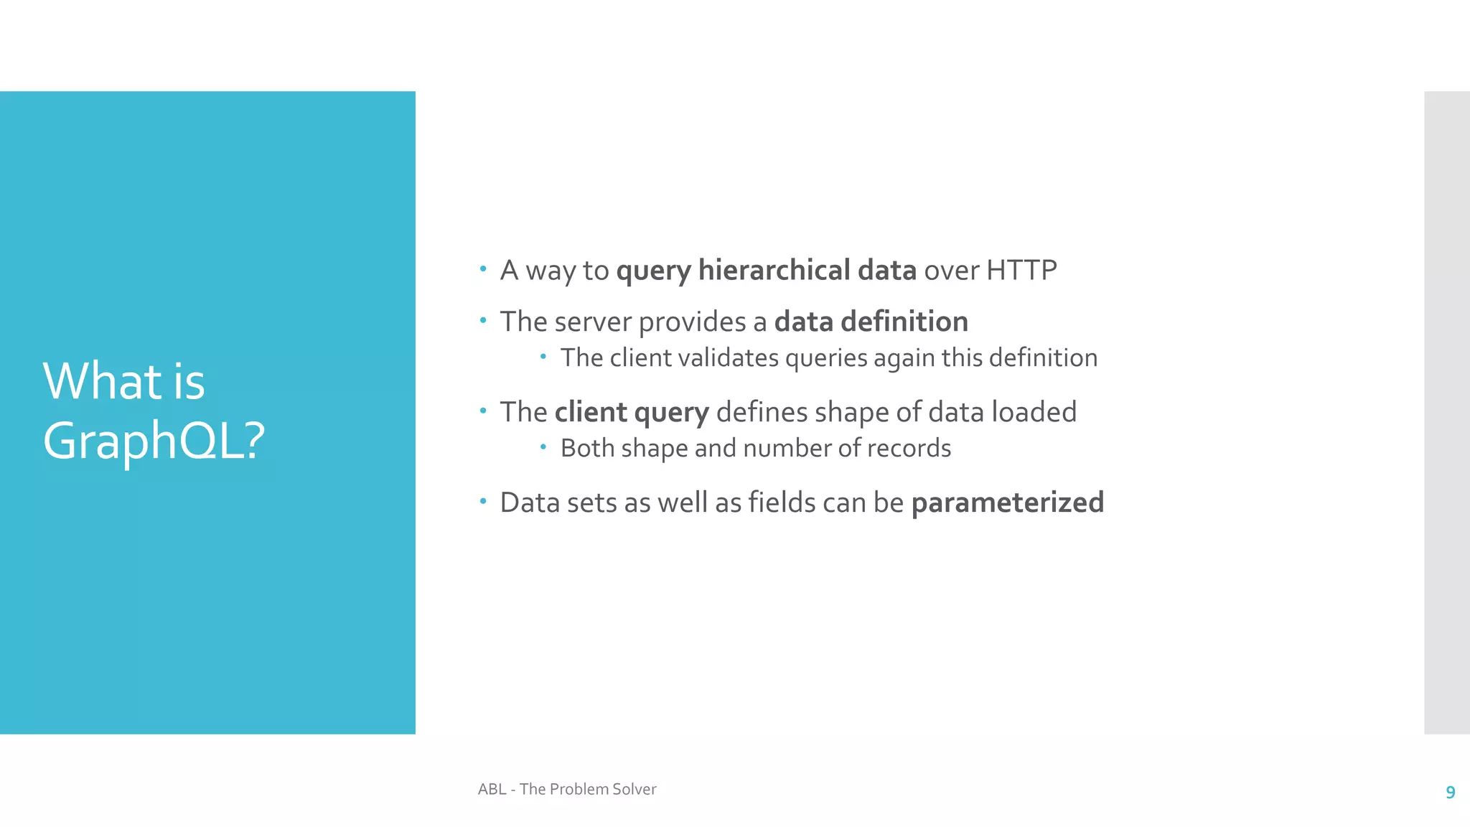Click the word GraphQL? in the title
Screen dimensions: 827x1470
(154, 441)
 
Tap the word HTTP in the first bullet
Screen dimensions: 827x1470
(1021, 271)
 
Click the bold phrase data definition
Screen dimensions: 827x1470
(871, 322)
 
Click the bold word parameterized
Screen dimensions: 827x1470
(1007, 503)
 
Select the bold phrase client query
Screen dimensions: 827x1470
(632, 413)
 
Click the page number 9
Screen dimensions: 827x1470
(1450, 793)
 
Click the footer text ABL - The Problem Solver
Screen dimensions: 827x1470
(567, 789)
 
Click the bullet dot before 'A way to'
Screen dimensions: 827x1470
(483, 270)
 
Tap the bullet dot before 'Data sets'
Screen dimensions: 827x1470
(483, 502)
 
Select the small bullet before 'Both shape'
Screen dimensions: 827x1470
(543, 447)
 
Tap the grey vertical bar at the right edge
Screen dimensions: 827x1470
(1446, 412)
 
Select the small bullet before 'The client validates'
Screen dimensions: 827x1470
(543, 357)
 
